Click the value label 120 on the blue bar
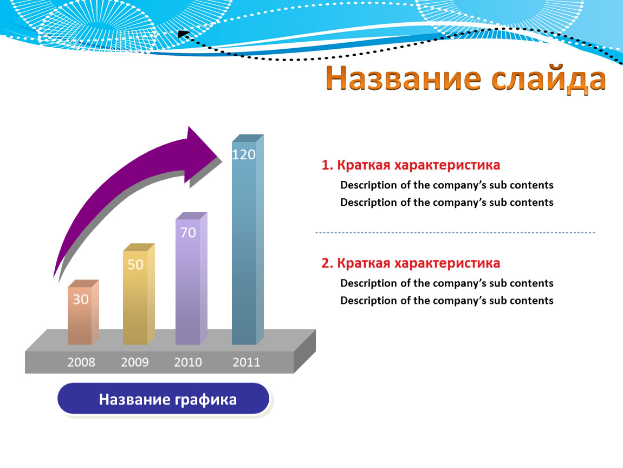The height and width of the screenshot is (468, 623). pyautogui.click(x=244, y=154)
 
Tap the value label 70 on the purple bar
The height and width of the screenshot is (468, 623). pyautogui.click(x=188, y=232)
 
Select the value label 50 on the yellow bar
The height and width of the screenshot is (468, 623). pyautogui.click(x=135, y=264)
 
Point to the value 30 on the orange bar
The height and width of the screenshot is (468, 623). pyautogui.click(x=81, y=299)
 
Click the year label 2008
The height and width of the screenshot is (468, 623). pyautogui.click(x=81, y=362)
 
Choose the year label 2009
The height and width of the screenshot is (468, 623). pyautogui.click(x=135, y=362)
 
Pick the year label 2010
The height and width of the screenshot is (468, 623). pyautogui.click(x=188, y=362)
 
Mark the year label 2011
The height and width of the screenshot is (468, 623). pyautogui.click(x=246, y=362)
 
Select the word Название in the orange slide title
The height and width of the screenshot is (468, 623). pyautogui.click(x=403, y=78)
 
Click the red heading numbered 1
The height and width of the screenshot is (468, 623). pyautogui.click(x=411, y=165)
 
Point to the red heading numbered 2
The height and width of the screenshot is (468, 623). pyautogui.click(x=411, y=263)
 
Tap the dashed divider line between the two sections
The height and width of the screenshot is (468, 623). pyautogui.click(x=455, y=232)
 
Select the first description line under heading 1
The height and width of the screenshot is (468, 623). pyautogui.click(x=447, y=185)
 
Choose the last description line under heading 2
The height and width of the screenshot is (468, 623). pyautogui.click(x=447, y=300)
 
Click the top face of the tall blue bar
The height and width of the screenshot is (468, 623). pyautogui.click(x=248, y=138)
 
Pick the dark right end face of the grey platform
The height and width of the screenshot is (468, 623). pyautogui.click(x=305, y=351)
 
